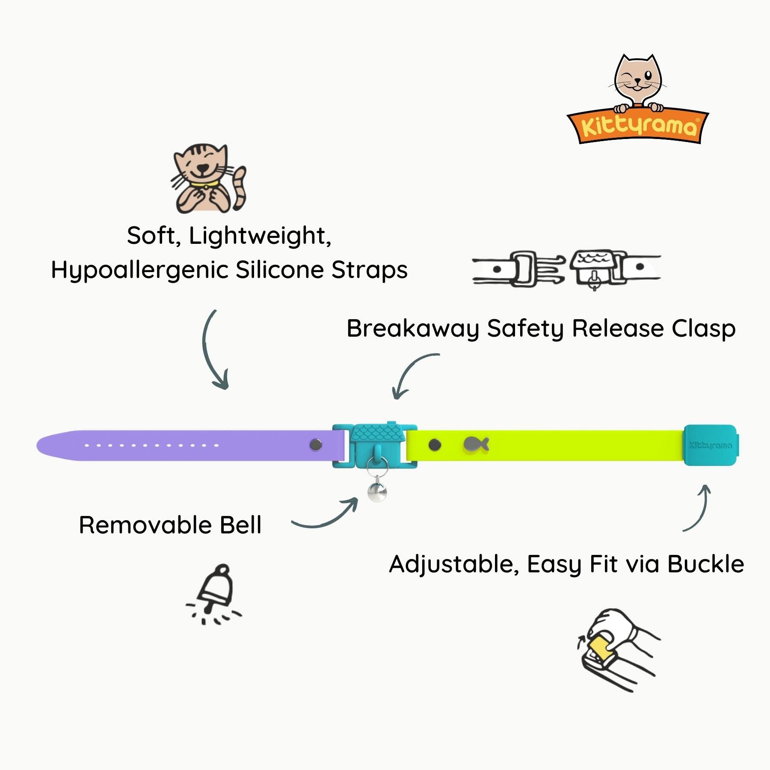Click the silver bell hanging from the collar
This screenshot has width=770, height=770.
point(377,492)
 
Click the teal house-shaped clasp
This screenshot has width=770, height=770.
point(376,445)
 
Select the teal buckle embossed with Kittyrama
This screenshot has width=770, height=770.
point(710,445)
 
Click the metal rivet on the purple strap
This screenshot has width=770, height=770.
point(316,445)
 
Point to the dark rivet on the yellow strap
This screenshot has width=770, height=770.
point(435,445)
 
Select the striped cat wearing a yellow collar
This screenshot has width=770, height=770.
point(208,179)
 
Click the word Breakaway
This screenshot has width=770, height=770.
point(412,329)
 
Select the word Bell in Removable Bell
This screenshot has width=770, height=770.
point(240,525)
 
